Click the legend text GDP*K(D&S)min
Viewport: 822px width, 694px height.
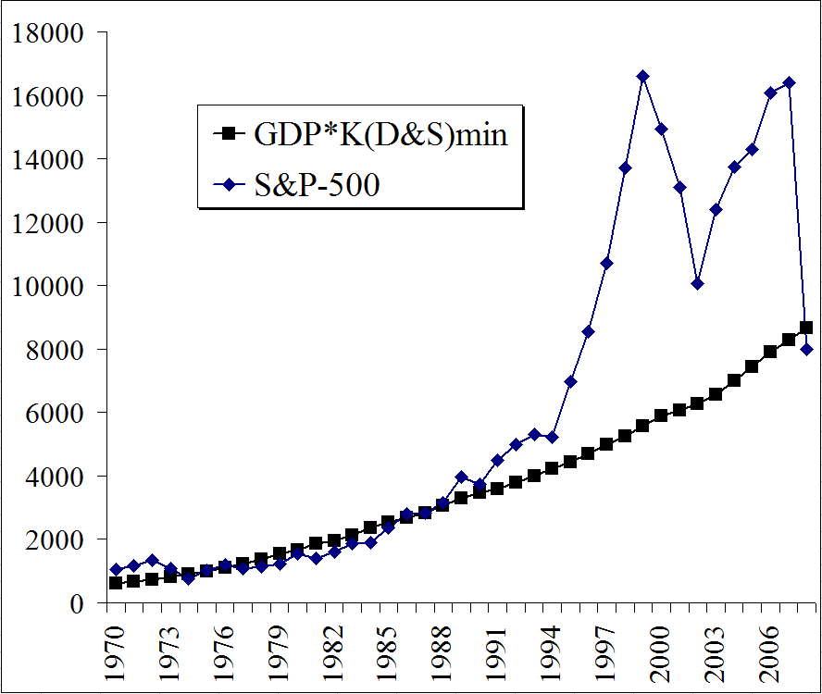coord(380,134)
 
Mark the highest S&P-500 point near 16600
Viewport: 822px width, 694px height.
coord(643,76)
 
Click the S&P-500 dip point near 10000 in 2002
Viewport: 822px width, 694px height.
coord(698,283)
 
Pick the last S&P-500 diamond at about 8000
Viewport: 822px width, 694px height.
coord(807,349)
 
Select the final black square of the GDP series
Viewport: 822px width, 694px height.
coord(807,328)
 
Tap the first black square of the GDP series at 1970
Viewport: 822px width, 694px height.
coord(116,583)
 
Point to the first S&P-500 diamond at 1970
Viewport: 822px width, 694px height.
coord(116,569)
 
